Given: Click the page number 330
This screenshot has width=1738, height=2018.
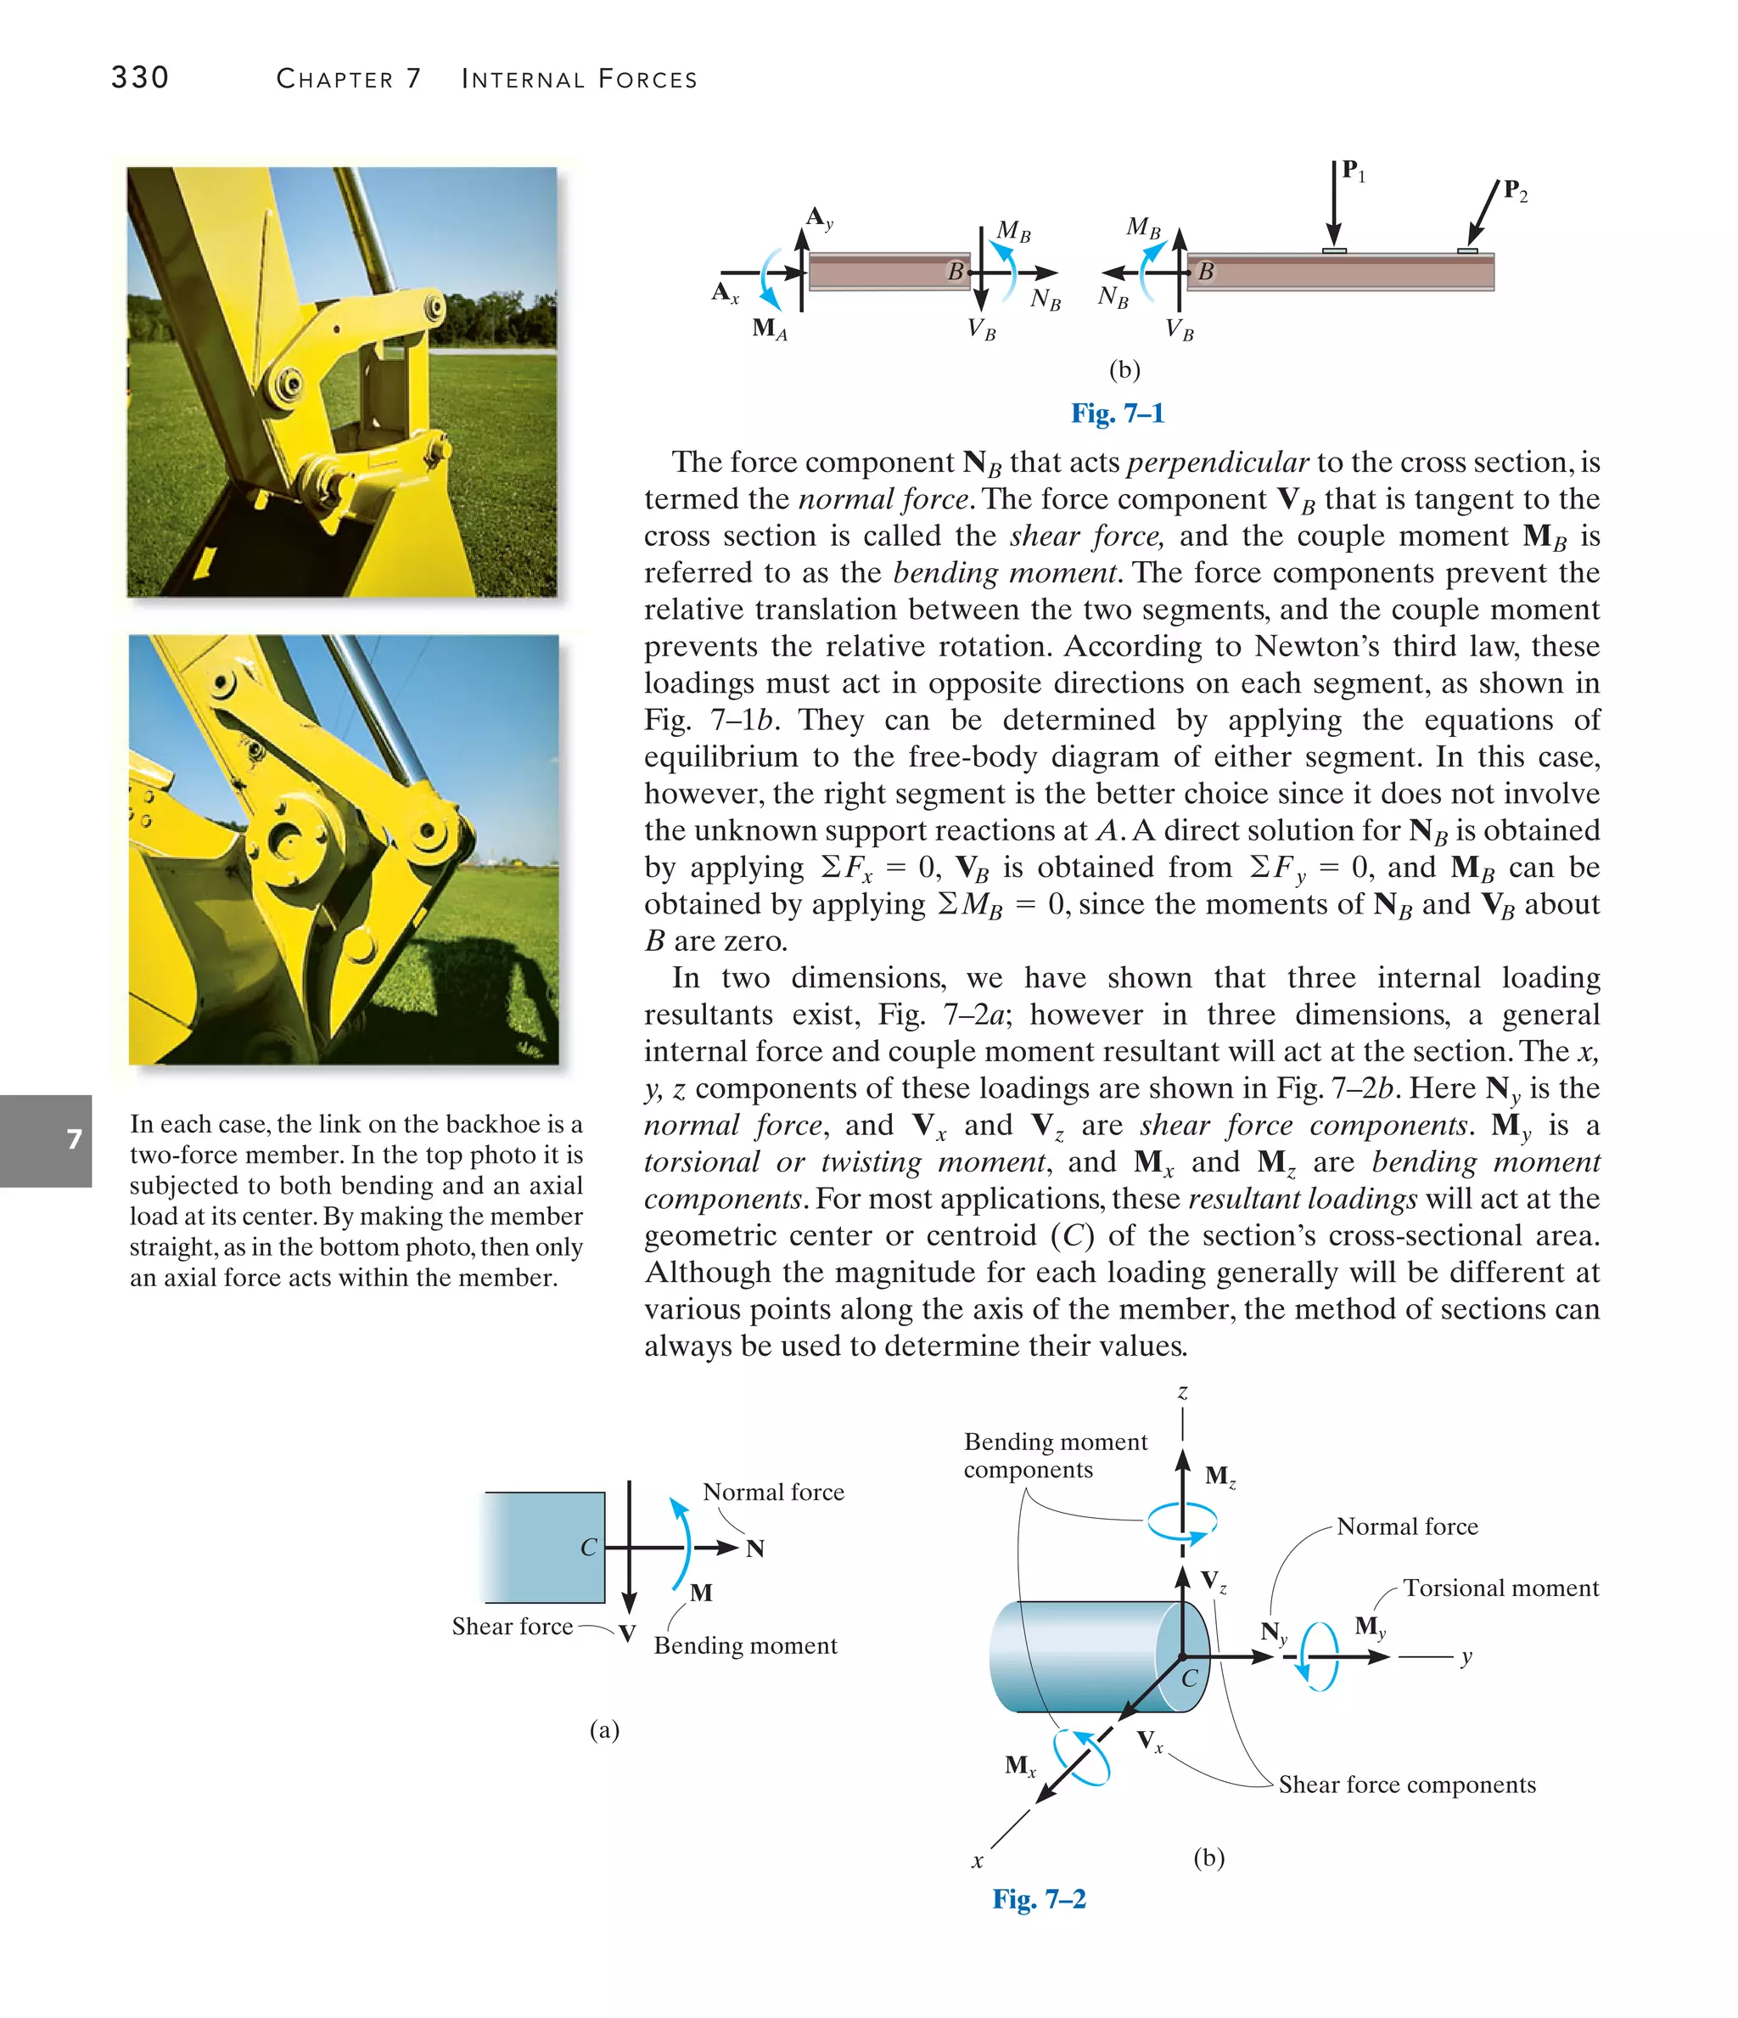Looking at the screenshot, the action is (x=139, y=77).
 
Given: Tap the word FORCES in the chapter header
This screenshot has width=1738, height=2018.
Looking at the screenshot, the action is (x=648, y=79).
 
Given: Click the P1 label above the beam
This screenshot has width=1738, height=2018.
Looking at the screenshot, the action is (x=1353, y=171).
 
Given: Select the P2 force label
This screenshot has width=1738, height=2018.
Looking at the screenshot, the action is (x=1515, y=190).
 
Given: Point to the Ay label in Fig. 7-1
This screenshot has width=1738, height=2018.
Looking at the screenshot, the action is (x=819, y=217).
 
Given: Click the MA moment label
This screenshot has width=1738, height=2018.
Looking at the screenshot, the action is (x=769, y=329).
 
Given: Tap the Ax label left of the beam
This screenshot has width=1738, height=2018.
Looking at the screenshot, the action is (x=726, y=292).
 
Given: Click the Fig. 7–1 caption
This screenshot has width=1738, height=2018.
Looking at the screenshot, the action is (x=1117, y=413).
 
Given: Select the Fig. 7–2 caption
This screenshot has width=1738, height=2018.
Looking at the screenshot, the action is (x=1039, y=1898).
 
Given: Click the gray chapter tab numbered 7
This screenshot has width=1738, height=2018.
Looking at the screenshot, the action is (x=47, y=1139).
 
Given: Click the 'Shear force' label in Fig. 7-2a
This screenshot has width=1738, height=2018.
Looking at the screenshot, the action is (x=513, y=1626).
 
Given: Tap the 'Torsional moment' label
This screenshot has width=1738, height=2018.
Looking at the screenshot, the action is (x=1500, y=1588).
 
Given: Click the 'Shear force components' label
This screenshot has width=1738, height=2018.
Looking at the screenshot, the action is (x=1406, y=1785).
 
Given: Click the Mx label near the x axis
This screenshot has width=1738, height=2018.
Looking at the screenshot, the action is (x=1019, y=1765).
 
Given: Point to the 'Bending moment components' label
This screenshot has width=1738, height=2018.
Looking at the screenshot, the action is (x=1056, y=1455).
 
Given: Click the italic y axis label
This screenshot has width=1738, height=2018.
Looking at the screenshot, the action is (x=1466, y=1656).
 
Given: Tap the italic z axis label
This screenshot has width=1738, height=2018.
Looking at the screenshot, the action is (x=1182, y=1391).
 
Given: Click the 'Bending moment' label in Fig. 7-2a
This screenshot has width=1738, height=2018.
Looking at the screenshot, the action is (x=745, y=1645).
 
